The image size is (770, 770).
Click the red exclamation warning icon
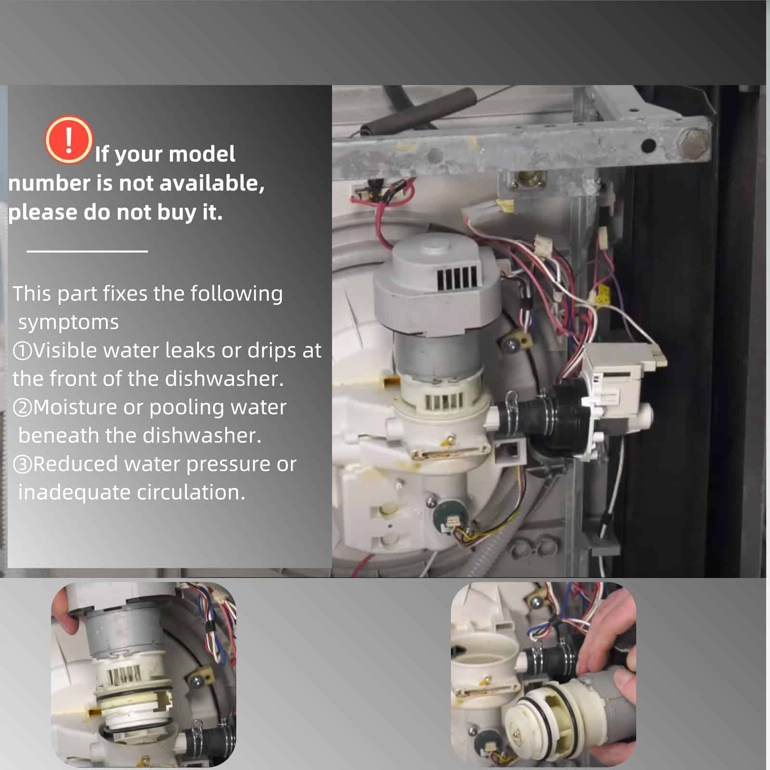(69, 140)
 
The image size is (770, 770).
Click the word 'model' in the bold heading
(202, 154)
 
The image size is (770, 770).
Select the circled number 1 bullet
(22, 351)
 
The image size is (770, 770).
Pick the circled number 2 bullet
(22, 408)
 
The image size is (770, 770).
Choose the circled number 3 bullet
(22, 464)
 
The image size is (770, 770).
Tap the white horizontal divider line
(87, 251)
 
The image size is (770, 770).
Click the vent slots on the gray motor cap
(457, 276)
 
